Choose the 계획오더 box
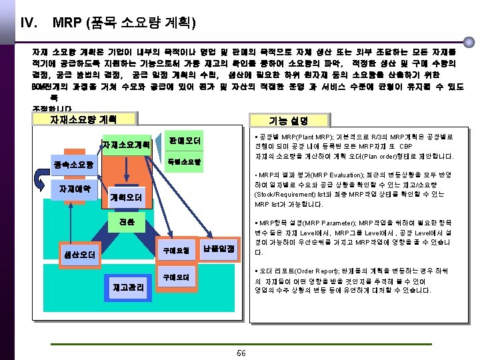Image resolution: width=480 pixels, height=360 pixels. (127, 198)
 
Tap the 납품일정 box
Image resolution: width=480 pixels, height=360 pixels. (219, 249)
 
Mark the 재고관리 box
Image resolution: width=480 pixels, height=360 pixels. (126, 288)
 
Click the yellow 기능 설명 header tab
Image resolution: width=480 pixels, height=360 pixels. (288, 120)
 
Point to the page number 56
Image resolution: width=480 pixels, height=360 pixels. (241, 353)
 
